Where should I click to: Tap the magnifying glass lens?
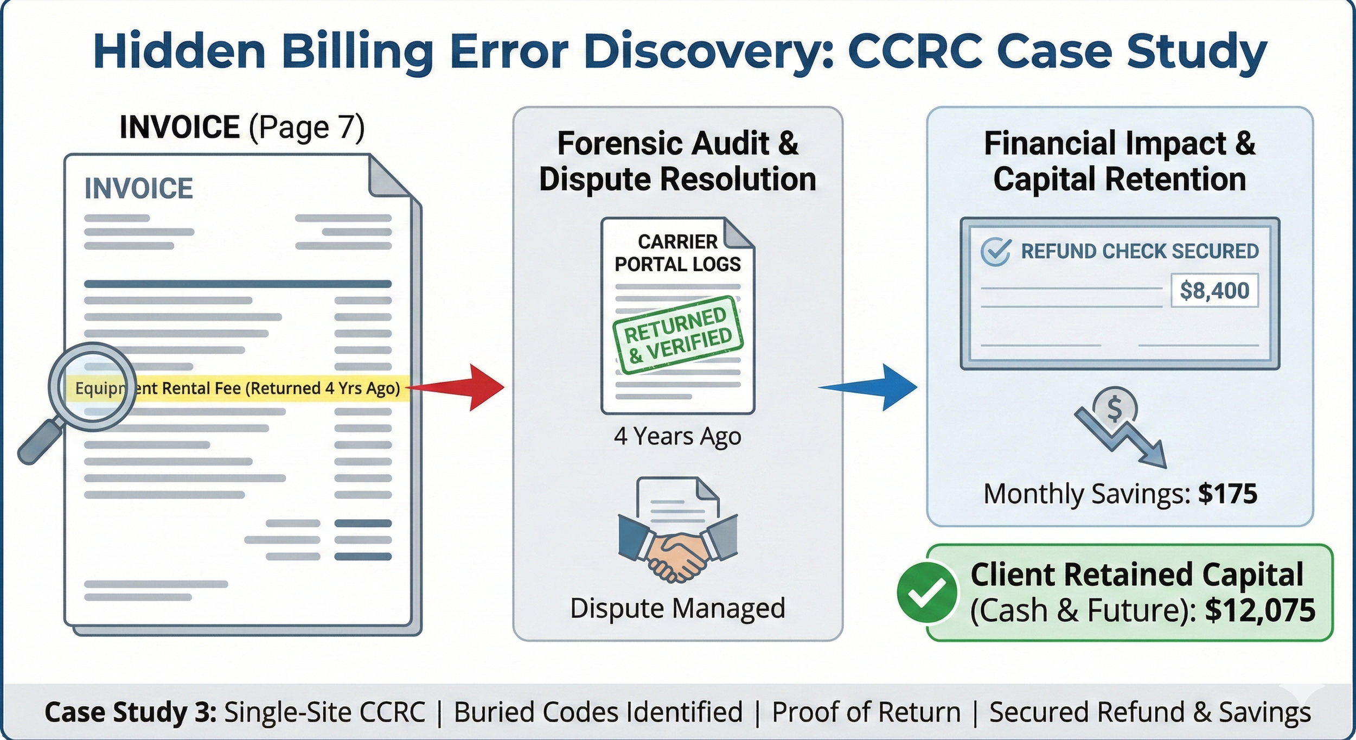(92, 386)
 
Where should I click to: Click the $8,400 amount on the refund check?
(1214, 291)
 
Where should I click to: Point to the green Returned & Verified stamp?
(678, 335)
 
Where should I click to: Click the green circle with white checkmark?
(926, 592)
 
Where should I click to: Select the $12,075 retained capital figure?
(1260, 610)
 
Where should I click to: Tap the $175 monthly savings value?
(1227, 494)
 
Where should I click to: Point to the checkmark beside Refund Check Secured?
(996, 252)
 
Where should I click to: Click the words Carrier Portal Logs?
(677, 253)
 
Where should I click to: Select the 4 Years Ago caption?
(677, 436)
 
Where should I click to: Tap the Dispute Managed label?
(677, 608)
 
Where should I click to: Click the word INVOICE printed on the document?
(139, 188)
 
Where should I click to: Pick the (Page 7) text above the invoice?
(306, 127)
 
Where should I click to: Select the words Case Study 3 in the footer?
(131, 712)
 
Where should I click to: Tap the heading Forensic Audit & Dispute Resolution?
(677, 161)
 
